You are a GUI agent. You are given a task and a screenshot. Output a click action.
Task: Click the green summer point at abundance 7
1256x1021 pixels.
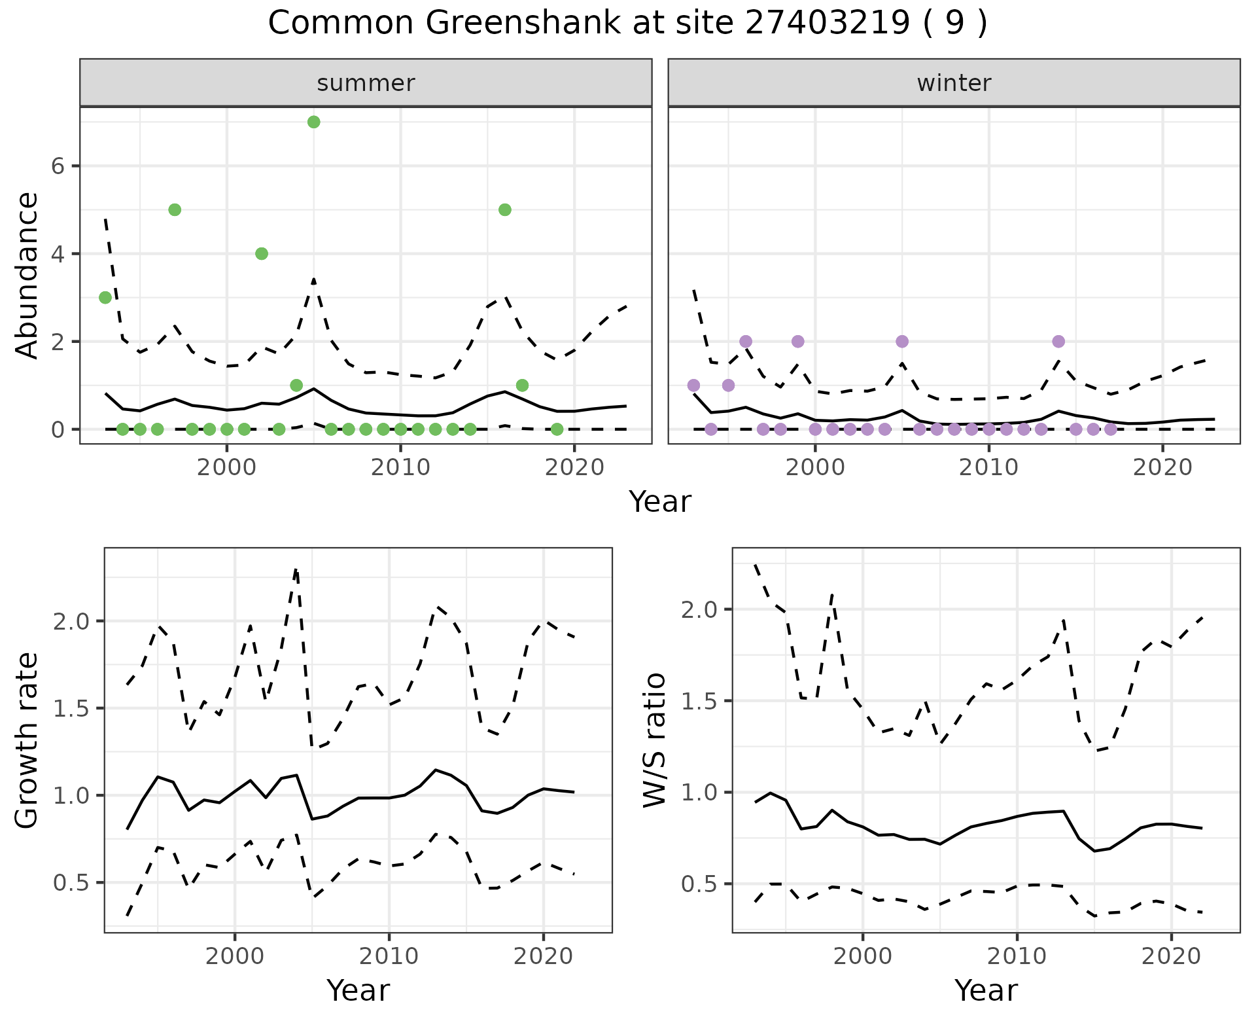[x=313, y=122]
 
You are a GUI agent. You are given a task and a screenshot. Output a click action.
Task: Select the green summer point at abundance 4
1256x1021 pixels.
[x=262, y=253]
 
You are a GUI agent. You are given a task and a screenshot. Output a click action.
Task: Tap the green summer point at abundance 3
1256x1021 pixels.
[x=105, y=297]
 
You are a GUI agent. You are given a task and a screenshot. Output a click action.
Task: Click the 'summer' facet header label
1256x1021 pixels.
[x=366, y=83]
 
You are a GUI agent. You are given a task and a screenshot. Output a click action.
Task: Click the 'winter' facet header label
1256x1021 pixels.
[x=954, y=83]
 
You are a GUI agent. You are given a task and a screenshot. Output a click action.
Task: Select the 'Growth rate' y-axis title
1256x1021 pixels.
[x=27, y=741]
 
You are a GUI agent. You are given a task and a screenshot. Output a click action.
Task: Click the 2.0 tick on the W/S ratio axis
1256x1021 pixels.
[x=699, y=609]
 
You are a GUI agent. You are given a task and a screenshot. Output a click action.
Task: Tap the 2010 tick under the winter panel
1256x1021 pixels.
[x=988, y=467]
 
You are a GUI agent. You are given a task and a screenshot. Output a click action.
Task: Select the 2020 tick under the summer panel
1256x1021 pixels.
[x=574, y=467]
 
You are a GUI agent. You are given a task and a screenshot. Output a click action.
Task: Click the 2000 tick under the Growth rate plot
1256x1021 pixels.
[x=235, y=956]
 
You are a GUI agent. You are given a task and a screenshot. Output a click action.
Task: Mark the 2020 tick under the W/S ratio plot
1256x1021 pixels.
[x=1171, y=956]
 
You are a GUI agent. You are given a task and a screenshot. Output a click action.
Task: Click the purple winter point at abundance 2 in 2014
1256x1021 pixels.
[x=1058, y=341]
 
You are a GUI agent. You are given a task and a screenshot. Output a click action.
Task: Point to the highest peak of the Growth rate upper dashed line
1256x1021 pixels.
[x=296, y=569]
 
